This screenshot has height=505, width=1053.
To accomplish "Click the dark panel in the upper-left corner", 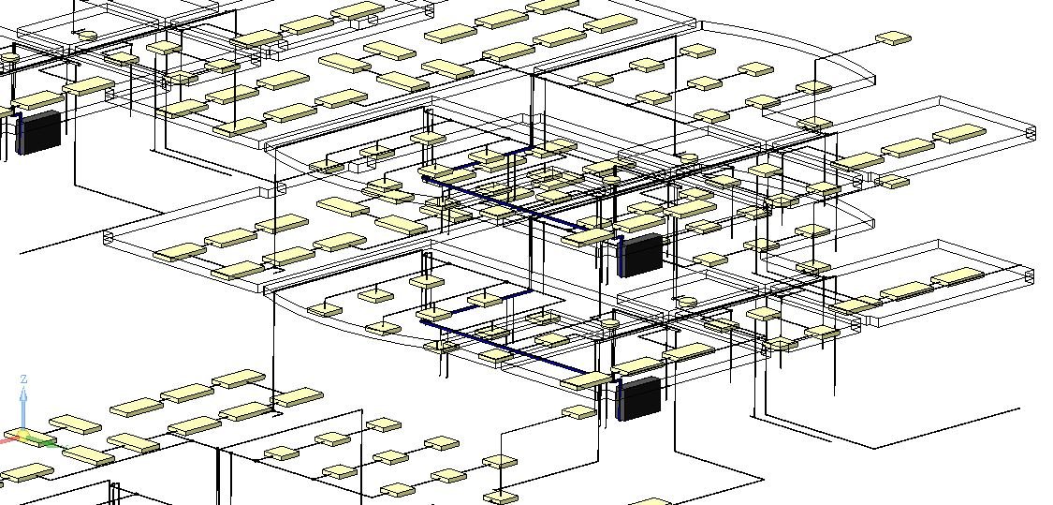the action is pos(39,132).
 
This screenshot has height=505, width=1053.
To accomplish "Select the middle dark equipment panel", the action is pos(640,254).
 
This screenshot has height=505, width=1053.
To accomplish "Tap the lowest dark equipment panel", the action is pos(638,398).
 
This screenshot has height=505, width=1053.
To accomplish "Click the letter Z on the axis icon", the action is pos(23,379).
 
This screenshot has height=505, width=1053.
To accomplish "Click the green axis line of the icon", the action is pos(41,440).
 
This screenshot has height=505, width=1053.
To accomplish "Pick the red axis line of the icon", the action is pos(9,440).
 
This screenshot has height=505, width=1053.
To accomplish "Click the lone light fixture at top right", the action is pos(894,39).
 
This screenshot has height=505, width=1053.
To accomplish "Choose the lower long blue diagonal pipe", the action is pos(504,347).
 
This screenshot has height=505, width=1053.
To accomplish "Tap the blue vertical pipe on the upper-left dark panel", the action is pos(21,133).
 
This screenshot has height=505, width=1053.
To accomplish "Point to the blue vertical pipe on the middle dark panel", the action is pos(622,257).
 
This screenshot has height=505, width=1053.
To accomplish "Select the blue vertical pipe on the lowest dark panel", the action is pos(620,400).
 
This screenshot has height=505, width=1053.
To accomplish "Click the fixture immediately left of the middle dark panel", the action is pos(587,237).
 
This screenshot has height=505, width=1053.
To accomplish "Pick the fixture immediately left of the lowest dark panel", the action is pos(586,380).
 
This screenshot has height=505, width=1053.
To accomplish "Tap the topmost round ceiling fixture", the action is pos(87,35).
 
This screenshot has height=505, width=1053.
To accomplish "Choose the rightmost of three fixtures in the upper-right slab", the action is pos(959,133).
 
